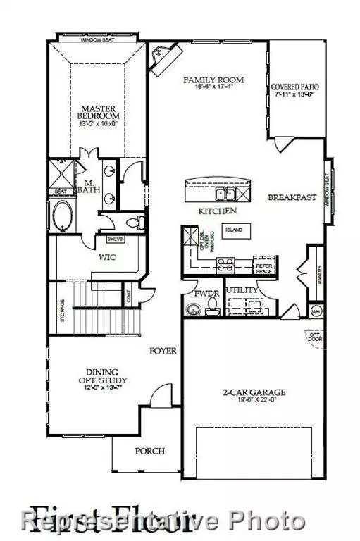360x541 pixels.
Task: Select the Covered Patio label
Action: click(296, 87)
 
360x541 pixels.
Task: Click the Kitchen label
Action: click(216, 211)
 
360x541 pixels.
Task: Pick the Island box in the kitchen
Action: click(233, 230)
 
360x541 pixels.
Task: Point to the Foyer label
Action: click(162, 350)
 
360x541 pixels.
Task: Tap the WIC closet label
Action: click(107, 258)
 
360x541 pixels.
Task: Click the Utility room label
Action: click(242, 290)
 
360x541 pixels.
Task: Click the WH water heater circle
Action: click(315, 311)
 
